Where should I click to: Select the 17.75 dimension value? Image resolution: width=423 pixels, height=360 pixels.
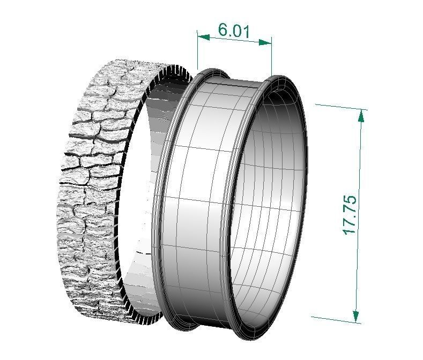coord(349,214)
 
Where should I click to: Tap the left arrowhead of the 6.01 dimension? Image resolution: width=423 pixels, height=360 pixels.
coord(203,36)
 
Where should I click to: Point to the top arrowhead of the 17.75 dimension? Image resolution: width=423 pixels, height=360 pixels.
coord(362,115)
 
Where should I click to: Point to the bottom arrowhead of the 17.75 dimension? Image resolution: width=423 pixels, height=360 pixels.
coord(354,316)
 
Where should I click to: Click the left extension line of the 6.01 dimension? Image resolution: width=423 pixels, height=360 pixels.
coord(198,54)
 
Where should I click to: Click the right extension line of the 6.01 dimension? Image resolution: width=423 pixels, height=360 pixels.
coord(271,59)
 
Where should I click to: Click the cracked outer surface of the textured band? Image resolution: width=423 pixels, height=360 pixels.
coord(91,177)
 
